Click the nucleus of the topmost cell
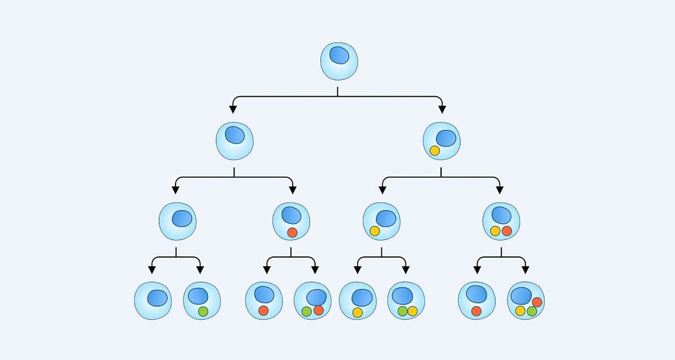339,55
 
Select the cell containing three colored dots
526,300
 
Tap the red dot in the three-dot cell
537,302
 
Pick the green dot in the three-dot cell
532,311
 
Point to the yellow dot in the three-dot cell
520,311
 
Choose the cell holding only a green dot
201,300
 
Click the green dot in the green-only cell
203,310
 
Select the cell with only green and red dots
313,300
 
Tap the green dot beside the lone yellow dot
402,310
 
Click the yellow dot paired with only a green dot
412,310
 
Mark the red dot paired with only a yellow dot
507,231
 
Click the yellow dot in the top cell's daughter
434,151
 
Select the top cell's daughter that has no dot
235,140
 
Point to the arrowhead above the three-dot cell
526,269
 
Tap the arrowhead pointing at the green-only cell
200,269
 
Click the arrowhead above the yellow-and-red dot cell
499,190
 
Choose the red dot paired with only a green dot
318,310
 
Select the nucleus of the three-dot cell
521,295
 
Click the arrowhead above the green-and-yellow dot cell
406,269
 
